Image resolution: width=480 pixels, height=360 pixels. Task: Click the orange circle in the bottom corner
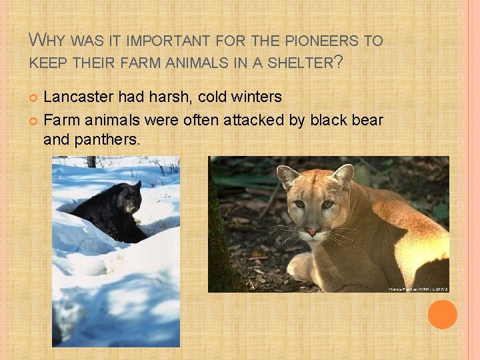click(442, 314)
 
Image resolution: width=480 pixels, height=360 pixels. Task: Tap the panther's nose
click(312, 231)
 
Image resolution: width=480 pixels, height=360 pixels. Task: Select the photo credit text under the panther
click(418, 289)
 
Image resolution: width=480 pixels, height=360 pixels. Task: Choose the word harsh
click(159, 97)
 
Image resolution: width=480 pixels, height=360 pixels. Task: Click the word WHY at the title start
click(48, 41)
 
